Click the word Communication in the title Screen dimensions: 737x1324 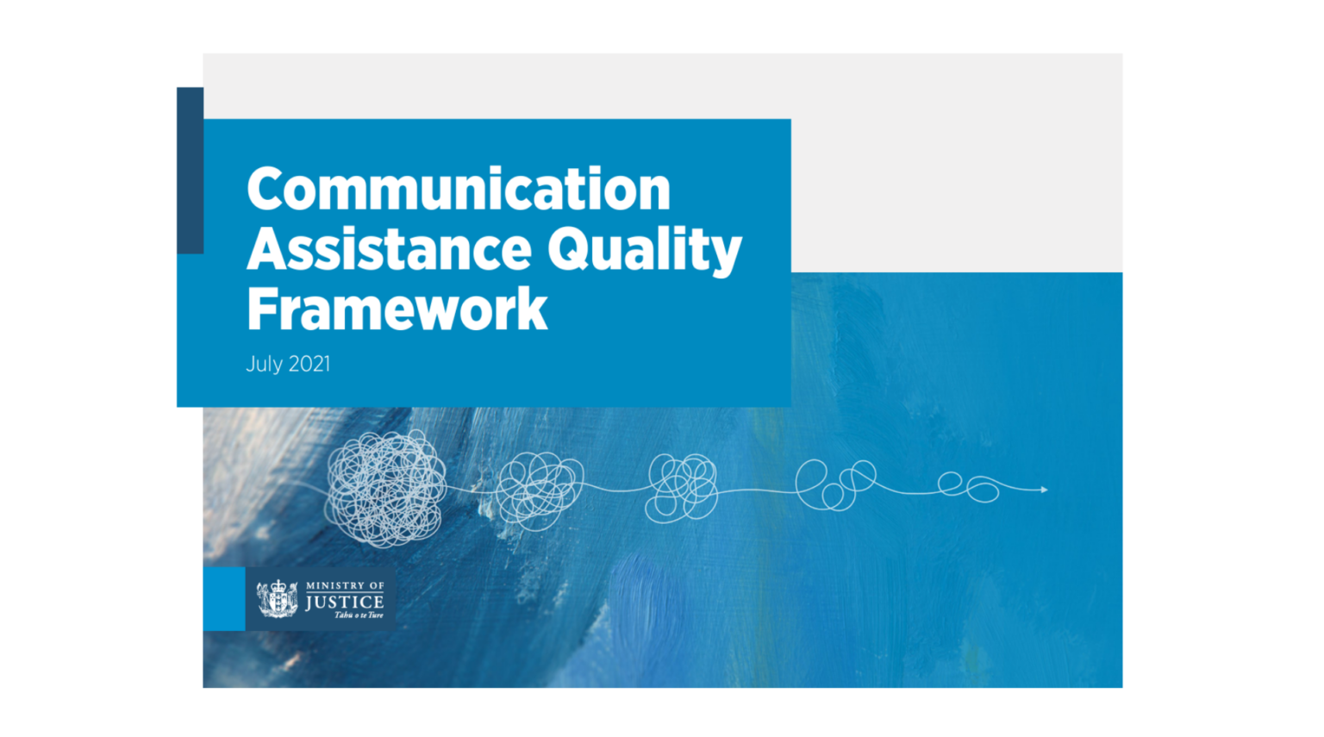coord(458,189)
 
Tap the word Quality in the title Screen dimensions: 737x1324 coord(644,251)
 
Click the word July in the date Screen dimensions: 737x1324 coord(264,365)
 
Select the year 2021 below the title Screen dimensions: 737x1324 coord(309,365)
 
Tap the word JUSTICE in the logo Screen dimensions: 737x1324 coord(344,602)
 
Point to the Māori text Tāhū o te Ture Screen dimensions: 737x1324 coord(358,615)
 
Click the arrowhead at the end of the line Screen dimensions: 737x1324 coord(1044,490)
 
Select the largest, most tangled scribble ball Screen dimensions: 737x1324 coord(385,488)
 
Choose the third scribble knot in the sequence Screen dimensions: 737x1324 coord(682,488)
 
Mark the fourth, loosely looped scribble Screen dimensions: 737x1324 coord(834,484)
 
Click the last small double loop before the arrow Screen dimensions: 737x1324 coord(969,487)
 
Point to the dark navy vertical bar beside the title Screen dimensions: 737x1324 coord(190,170)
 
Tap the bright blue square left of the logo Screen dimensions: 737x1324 coord(224,598)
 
